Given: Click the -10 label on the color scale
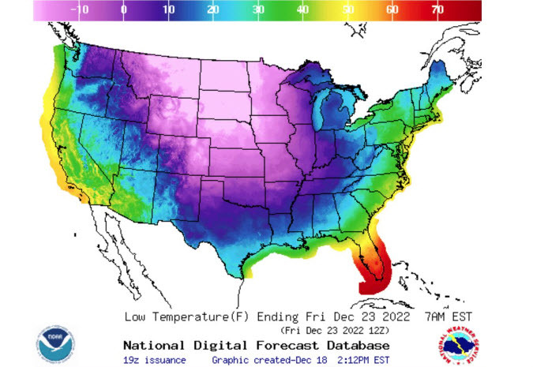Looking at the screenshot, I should click(x=79, y=9).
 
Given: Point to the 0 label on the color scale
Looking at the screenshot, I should click(x=123, y=9).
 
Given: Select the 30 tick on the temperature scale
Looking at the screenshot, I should click(x=257, y=9).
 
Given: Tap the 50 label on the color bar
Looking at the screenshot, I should click(x=347, y=9).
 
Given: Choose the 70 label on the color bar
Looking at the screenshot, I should click(x=437, y=9).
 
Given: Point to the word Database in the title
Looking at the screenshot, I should click(x=357, y=346).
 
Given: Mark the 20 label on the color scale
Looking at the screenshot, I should click(x=212, y=9).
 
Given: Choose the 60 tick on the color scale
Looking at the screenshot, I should click(x=392, y=9).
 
